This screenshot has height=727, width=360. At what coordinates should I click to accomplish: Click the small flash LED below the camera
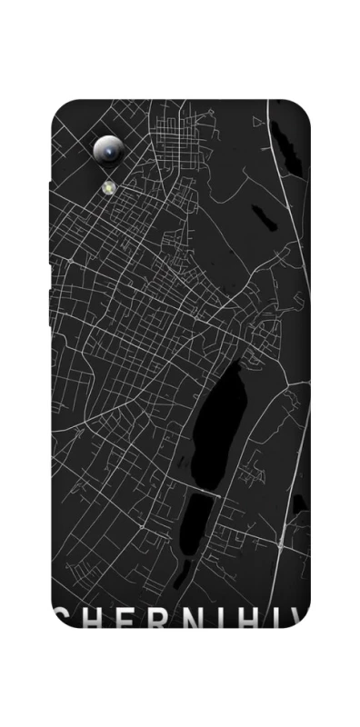coord(108,186)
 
